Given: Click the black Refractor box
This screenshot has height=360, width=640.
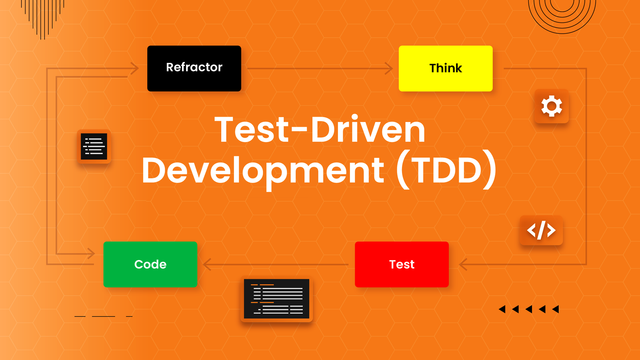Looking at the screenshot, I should coord(194,68).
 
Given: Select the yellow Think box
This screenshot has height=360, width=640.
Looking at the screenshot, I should coord(446,68).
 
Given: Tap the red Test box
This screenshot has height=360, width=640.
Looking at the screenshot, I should coord(402,264).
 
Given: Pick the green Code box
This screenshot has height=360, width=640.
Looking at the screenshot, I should coord(150,264).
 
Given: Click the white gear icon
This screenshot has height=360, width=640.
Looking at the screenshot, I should coord(552,106).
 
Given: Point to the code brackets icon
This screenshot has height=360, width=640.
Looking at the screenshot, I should coord(541,230).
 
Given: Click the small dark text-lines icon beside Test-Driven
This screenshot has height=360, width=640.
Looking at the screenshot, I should coord(94,146).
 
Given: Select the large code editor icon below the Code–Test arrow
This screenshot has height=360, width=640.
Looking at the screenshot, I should coord(277,299).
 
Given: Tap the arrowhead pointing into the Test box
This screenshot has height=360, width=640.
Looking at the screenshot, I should coord(463,264).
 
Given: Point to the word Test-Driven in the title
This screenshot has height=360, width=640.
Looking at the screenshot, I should coord(320,130).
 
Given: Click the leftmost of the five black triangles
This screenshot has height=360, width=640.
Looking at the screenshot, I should coord(502,309).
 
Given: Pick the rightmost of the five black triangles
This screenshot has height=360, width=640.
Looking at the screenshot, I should coord(556,309).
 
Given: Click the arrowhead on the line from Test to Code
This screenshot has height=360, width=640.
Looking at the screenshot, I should coord(207,264).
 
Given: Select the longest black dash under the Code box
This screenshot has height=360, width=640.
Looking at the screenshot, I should coord(104,316).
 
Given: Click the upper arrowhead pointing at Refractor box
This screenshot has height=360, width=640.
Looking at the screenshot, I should coord(135,68).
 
